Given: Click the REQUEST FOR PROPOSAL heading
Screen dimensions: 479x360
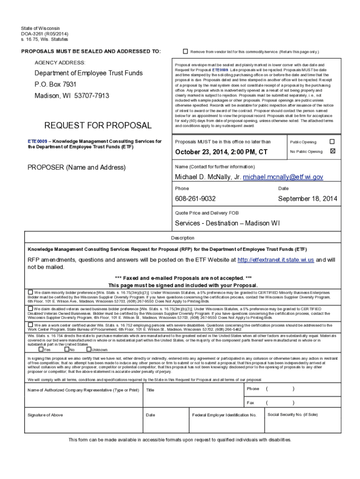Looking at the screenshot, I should click(98, 125).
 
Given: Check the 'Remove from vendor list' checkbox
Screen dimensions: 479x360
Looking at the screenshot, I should click(185, 51).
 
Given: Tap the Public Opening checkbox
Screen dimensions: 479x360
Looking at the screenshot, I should click(332, 141).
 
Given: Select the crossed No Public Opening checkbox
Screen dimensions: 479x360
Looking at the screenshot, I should click(332, 151).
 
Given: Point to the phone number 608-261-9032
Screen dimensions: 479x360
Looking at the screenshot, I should click(195, 199).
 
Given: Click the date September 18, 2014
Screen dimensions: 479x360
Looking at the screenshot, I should click(308, 199).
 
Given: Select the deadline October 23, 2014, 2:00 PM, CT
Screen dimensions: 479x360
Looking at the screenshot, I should click(221, 152).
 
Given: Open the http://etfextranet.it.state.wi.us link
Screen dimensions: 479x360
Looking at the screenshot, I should click(269, 260).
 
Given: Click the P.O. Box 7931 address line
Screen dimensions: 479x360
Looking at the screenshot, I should click(55, 85).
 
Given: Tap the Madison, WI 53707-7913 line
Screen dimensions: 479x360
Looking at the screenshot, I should click(72, 96).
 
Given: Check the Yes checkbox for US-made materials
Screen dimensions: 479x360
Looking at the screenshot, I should click(41, 349).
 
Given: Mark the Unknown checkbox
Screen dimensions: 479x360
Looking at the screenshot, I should click(88, 349).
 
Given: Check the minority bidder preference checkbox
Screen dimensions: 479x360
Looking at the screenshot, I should click(30, 291).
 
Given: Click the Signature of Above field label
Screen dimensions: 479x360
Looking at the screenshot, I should click(45, 415).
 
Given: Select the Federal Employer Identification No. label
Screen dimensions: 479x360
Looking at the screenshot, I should click(224, 415).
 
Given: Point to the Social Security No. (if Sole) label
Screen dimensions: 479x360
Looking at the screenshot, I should click(293, 414).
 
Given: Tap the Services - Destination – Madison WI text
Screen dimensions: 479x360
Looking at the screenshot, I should click(227, 223).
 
